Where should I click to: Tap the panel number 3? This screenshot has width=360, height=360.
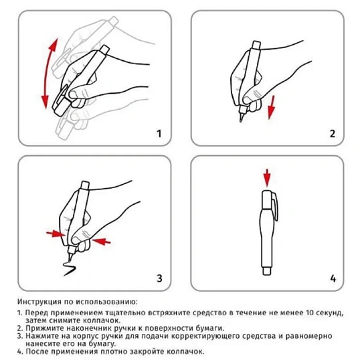159,278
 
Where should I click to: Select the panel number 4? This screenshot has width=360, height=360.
331,278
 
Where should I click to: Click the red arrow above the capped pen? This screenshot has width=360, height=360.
267,177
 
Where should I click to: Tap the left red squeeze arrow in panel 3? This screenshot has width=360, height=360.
54,234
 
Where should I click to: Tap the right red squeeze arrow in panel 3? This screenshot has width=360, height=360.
100,239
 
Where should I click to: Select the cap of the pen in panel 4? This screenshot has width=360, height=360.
267,201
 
